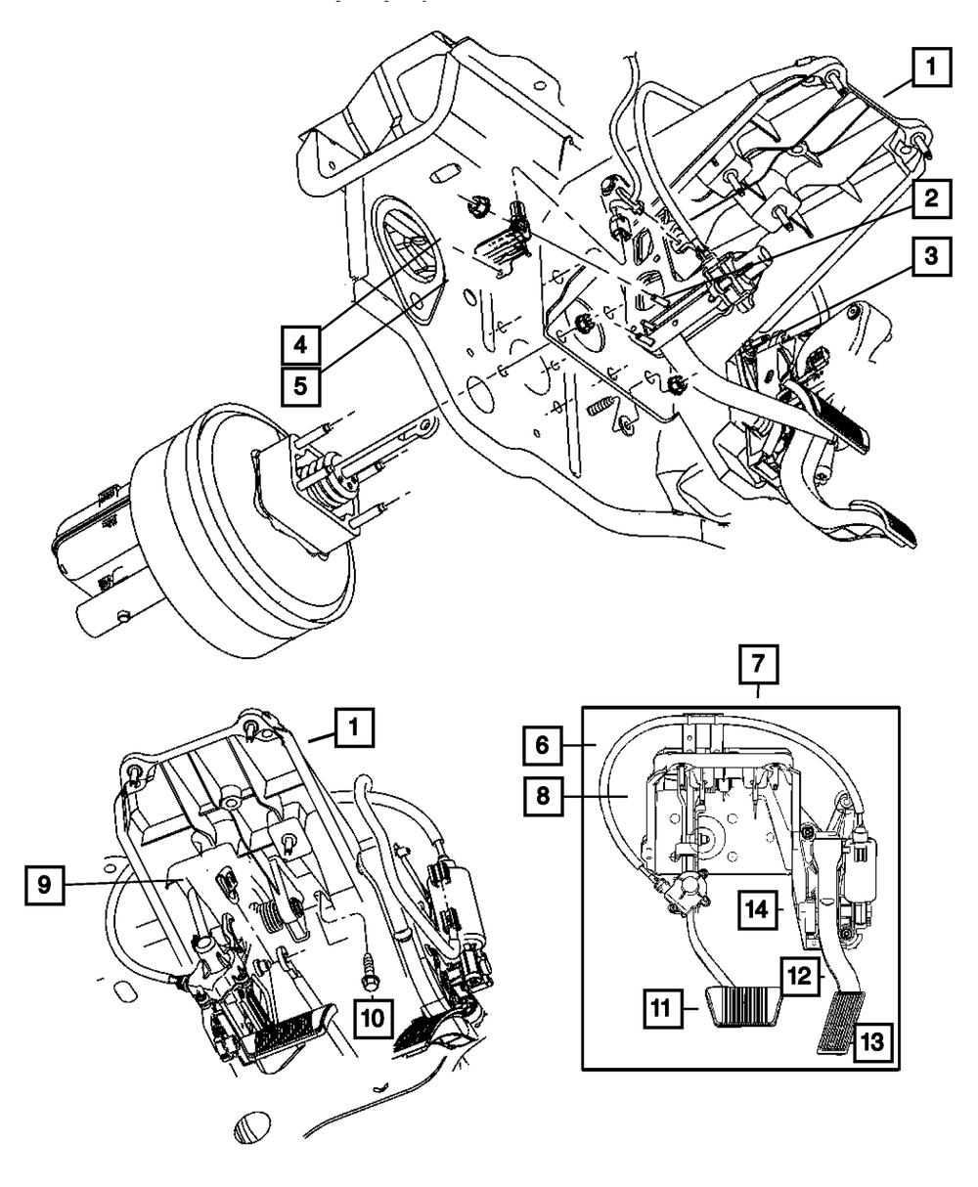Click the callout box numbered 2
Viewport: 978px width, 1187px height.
pos(931,198)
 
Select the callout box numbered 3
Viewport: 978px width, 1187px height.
pos(931,256)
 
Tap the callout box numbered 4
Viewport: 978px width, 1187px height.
pos(301,345)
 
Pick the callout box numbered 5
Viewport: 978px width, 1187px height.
pos(301,386)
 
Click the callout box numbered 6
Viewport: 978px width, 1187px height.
pos(543,745)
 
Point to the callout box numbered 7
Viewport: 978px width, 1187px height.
pos(759,664)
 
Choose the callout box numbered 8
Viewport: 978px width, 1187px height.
pos(543,796)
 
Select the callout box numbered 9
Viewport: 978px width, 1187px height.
pos(45,885)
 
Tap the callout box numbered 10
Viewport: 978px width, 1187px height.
pos(373,1018)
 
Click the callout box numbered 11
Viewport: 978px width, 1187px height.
pos(663,1008)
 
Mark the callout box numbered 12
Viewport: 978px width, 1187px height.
pos(800,976)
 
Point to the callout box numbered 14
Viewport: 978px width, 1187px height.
pos(758,909)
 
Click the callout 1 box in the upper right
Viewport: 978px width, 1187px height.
pos(931,67)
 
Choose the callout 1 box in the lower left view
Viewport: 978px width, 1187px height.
pos(354,727)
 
